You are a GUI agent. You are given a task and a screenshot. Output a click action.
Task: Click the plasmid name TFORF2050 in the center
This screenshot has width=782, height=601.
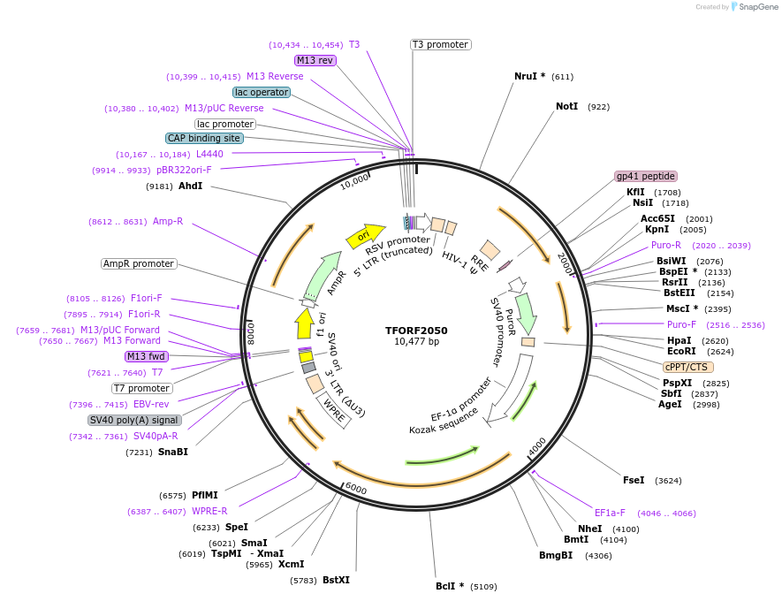(416, 331)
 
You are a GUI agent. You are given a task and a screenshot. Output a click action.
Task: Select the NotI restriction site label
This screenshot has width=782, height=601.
(566, 106)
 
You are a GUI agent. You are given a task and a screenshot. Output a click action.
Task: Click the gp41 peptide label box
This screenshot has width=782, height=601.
(646, 176)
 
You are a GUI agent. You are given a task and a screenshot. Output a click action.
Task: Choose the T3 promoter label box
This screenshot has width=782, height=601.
(440, 44)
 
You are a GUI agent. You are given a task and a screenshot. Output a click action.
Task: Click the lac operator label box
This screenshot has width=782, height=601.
(262, 92)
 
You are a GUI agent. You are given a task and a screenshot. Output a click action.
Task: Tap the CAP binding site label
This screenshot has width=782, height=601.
(204, 138)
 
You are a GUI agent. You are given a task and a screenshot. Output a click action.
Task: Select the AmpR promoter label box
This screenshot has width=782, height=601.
(139, 263)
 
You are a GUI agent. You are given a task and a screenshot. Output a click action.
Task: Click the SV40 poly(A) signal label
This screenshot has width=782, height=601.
(134, 420)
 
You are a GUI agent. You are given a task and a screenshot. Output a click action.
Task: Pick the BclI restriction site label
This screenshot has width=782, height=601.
(450, 586)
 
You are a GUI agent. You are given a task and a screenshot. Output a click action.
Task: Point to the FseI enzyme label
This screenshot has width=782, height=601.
(634, 480)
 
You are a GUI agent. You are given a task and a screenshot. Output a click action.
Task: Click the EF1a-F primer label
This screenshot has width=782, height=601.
(610, 512)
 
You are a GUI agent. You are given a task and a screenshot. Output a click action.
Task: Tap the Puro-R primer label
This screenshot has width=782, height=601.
(666, 245)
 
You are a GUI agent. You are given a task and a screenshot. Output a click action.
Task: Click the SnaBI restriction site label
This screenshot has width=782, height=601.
(173, 452)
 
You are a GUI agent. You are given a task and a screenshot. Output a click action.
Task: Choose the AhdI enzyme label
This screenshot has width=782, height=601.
(191, 186)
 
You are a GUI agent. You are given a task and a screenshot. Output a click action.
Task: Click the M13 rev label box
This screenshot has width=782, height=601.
(315, 60)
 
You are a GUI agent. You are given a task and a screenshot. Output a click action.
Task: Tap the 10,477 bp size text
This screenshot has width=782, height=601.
(416, 342)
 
